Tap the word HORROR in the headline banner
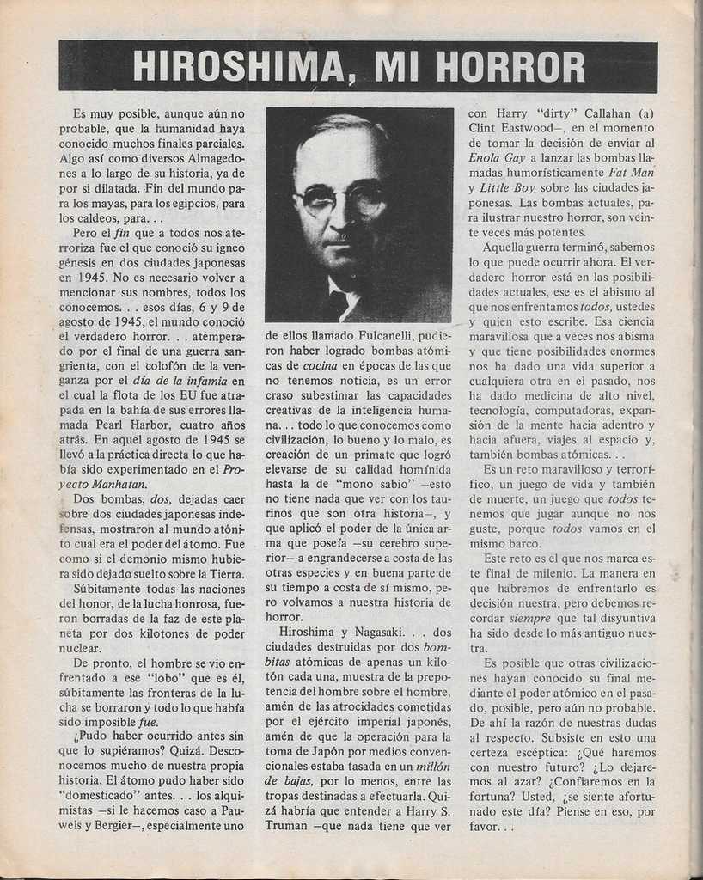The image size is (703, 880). click(x=510, y=67)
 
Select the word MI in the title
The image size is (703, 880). click(x=394, y=67)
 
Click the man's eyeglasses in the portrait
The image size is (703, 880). click(x=341, y=200)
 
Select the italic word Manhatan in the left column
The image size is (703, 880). click(x=113, y=484)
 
